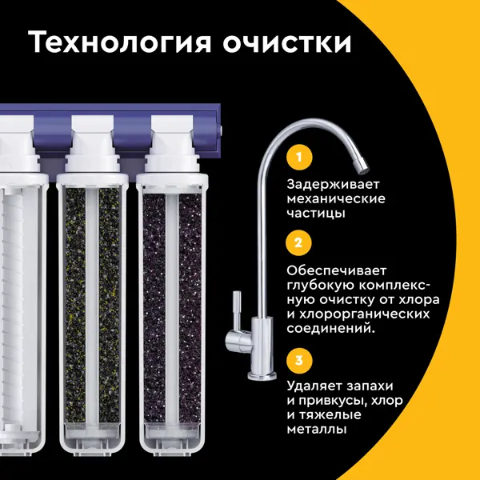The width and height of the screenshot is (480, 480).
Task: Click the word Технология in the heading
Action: point(120,42)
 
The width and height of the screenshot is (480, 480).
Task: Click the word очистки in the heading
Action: point(287,42)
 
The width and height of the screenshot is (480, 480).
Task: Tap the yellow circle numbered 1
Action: point(299,158)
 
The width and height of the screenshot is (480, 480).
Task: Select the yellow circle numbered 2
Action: point(298,242)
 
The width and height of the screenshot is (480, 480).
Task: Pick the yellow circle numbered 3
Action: point(299,360)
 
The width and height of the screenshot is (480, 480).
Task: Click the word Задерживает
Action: point(333,185)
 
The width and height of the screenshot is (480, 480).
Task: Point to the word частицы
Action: point(316,214)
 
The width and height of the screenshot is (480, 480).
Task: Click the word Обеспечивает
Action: point(337,270)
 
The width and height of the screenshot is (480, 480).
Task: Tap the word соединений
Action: point(331,329)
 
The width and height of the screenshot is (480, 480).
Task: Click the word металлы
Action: point(317,430)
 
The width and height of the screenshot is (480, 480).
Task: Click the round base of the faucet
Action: point(262,376)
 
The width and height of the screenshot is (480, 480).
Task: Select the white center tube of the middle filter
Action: point(92,306)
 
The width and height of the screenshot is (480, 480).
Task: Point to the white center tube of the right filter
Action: point(172,309)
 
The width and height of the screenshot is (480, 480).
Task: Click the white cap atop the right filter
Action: point(172,144)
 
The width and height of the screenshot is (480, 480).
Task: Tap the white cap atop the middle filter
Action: point(93,144)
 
